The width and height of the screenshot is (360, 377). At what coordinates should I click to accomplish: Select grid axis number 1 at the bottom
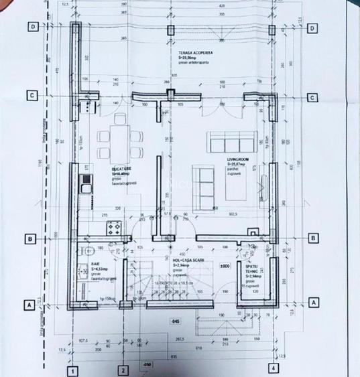pos(70,369)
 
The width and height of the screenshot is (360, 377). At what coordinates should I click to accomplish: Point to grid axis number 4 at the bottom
pos(274,368)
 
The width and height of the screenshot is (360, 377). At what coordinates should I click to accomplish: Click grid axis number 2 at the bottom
pos(123,369)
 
